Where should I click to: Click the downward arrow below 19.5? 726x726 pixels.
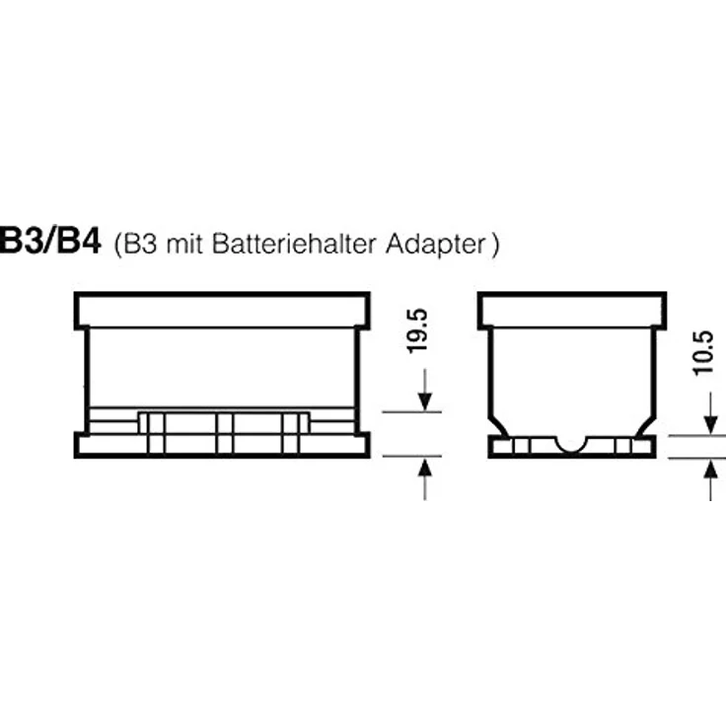pyautogui.click(x=425, y=391)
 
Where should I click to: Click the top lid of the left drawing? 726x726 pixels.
pyautogui.click(x=223, y=310)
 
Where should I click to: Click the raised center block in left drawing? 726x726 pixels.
pyautogui.click(x=224, y=428)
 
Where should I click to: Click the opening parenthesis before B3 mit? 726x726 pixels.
pyautogui.click(x=119, y=245)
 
